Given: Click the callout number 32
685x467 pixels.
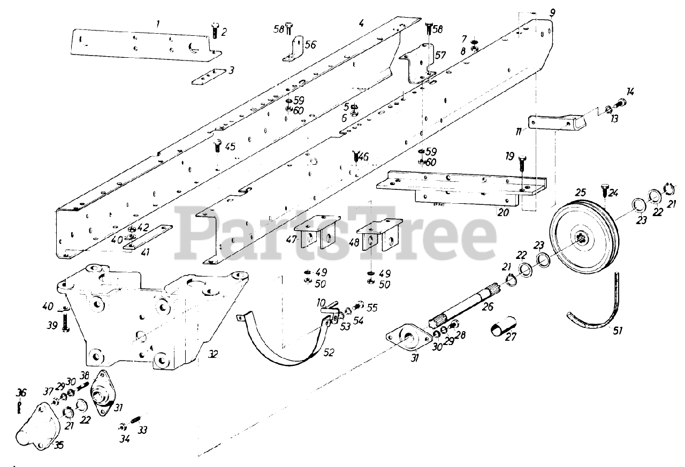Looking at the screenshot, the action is (x=212, y=355).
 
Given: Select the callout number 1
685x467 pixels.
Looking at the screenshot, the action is (x=157, y=24).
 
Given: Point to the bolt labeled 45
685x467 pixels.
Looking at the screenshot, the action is (x=217, y=146).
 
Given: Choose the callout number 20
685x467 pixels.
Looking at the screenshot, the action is (x=503, y=212).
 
